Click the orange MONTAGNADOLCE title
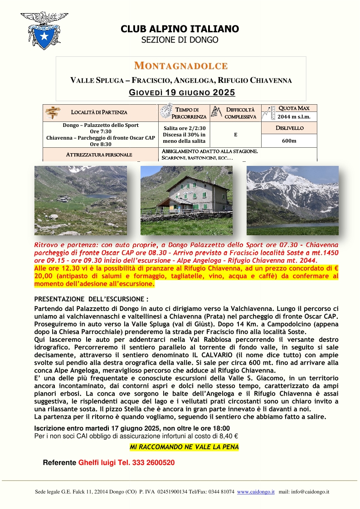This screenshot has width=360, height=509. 180,66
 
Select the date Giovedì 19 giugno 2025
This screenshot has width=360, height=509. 182,93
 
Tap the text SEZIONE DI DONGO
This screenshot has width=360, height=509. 180,40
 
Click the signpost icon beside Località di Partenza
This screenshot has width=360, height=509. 54,112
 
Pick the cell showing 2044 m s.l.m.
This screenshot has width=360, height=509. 289,117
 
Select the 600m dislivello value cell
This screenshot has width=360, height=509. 289,141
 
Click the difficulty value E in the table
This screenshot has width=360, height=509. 235,135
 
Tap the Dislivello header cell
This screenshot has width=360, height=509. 289,128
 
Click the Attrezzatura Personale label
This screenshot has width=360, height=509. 99,155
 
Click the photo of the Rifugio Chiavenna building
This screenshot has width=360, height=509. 186,200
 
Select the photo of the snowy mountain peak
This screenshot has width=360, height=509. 292,200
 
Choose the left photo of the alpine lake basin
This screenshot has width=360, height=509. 81,200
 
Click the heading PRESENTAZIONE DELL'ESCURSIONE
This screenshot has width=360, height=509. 91,299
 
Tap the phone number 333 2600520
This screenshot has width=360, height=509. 150,463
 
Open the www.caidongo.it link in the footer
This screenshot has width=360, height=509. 256,492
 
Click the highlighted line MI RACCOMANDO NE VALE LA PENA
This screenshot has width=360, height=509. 184,447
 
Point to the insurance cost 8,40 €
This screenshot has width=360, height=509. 228,436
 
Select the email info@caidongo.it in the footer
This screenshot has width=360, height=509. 310,492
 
